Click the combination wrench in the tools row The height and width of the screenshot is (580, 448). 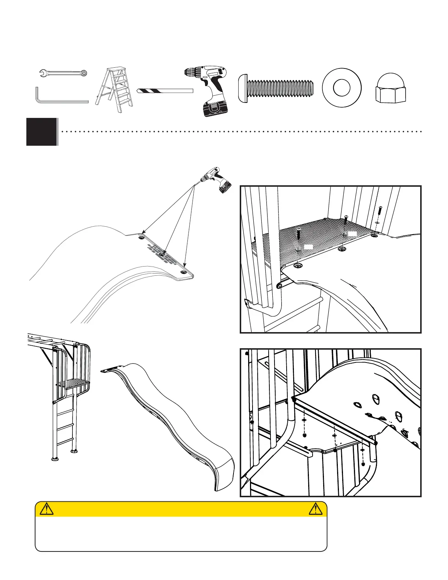(x=63, y=73)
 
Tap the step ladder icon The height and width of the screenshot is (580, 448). (x=114, y=91)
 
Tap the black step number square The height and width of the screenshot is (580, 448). (x=42, y=132)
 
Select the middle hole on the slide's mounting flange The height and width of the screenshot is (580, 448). (x=162, y=254)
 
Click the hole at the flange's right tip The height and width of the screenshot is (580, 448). (x=183, y=272)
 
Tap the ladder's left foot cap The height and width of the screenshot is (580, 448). (x=55, y=458)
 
